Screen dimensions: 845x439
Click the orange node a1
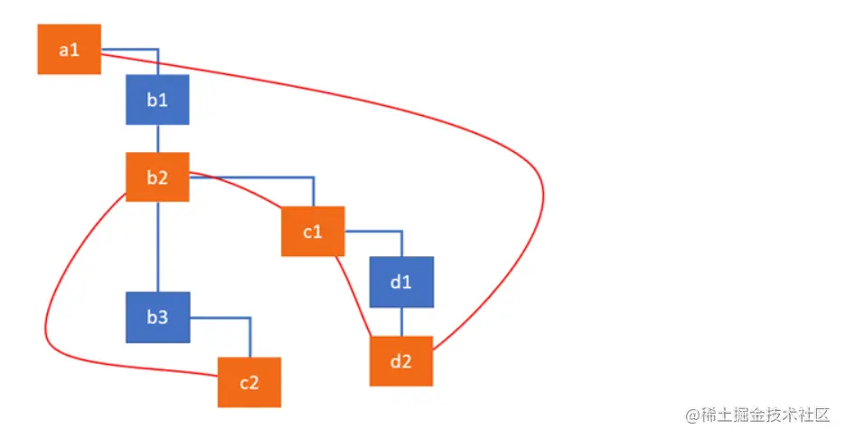click(x=69, y=50)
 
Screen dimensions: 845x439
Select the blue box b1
click(x=158, y=100)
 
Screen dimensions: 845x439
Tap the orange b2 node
click(x=157, y=177)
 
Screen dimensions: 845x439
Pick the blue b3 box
click(x=158, y=318)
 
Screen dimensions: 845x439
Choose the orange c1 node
click(x=313, y=232)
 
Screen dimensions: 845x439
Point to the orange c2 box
click(x=249, y=382)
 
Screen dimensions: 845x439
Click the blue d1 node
click(x=401, y=282)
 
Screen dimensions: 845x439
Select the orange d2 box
click(x=401, y=361)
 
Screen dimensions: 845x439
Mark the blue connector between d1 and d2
click(x=401, y=321)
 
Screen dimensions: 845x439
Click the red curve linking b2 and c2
click(x=54, y=299)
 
